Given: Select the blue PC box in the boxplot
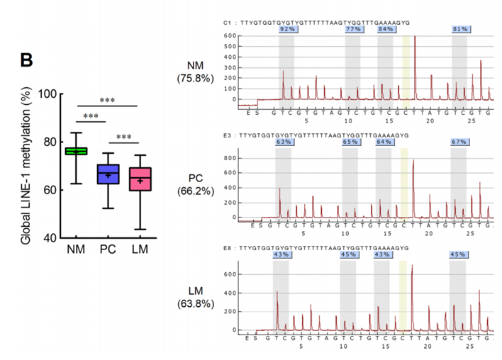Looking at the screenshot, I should pos(108,174).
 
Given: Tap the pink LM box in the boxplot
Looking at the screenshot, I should pos(140,179).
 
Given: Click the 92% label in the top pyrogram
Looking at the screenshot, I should pos(287,29).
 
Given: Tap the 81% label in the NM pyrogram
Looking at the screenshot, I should pos(460,29).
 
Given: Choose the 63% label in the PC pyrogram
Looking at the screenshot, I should pos(284,142).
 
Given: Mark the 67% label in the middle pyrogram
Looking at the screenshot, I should pos(457,142).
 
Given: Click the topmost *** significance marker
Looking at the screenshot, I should pos(108,100).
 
